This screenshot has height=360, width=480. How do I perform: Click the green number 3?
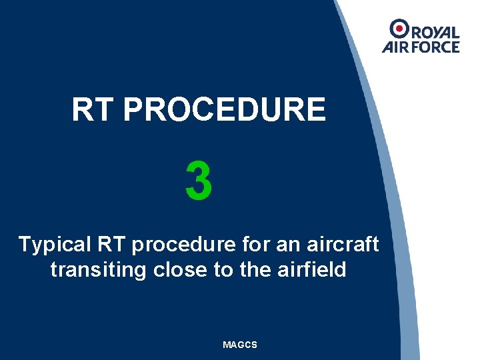click(199, 181)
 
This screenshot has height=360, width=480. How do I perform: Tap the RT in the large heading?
click(93, 110)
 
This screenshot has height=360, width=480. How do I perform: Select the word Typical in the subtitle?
click(54, 245)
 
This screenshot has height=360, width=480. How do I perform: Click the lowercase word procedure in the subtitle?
click(183, 245)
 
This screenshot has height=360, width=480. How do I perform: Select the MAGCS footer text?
click(240, 345)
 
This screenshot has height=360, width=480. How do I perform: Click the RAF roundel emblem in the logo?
click(400, 28)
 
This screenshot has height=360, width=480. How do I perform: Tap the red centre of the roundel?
click(400, 28)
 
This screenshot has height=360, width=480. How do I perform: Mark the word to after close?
click(218, 270)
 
